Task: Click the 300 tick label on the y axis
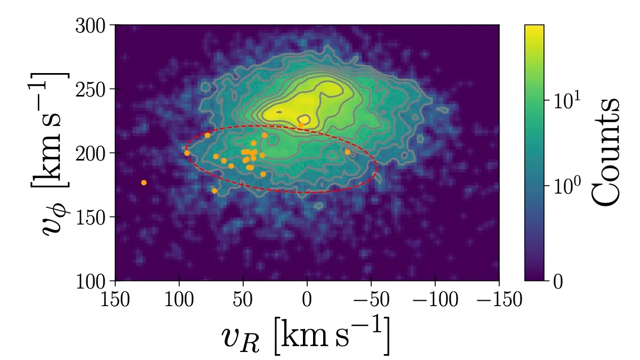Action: point(93,26)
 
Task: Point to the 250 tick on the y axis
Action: point(93,89)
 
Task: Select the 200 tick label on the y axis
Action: point(93,153)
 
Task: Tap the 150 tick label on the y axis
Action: point(93,217)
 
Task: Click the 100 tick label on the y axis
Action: point(93,281)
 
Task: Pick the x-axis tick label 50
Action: point(243,300)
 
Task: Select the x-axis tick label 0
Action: point(307,300)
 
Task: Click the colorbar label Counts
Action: point(606,151)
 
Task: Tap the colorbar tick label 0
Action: point(558,281)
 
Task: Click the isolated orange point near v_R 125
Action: point(143,183)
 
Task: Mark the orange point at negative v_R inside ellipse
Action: point(348,152)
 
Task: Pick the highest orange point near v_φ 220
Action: point(301,125)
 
